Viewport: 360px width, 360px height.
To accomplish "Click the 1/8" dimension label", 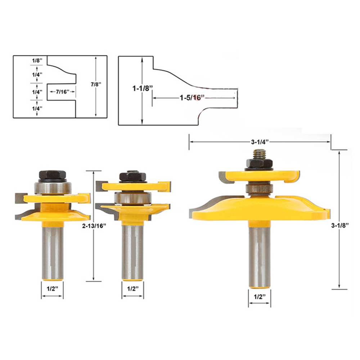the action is click(37, 60).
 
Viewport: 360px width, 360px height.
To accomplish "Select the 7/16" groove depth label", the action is click(62, 91).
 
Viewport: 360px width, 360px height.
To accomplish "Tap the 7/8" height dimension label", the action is click(96, 84).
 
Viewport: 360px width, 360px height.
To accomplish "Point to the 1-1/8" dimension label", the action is click(142, 88).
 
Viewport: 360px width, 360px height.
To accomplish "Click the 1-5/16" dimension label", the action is click(192, 98).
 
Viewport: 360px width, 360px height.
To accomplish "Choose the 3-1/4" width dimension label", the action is click(260, 142).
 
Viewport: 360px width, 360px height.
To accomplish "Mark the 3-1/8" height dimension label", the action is click(340, 225).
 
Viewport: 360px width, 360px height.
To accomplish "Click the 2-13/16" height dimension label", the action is click(94, 226).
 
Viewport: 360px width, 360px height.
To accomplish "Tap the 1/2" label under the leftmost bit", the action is click(52, 289).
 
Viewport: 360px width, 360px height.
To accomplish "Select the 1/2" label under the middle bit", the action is click(133, 289).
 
